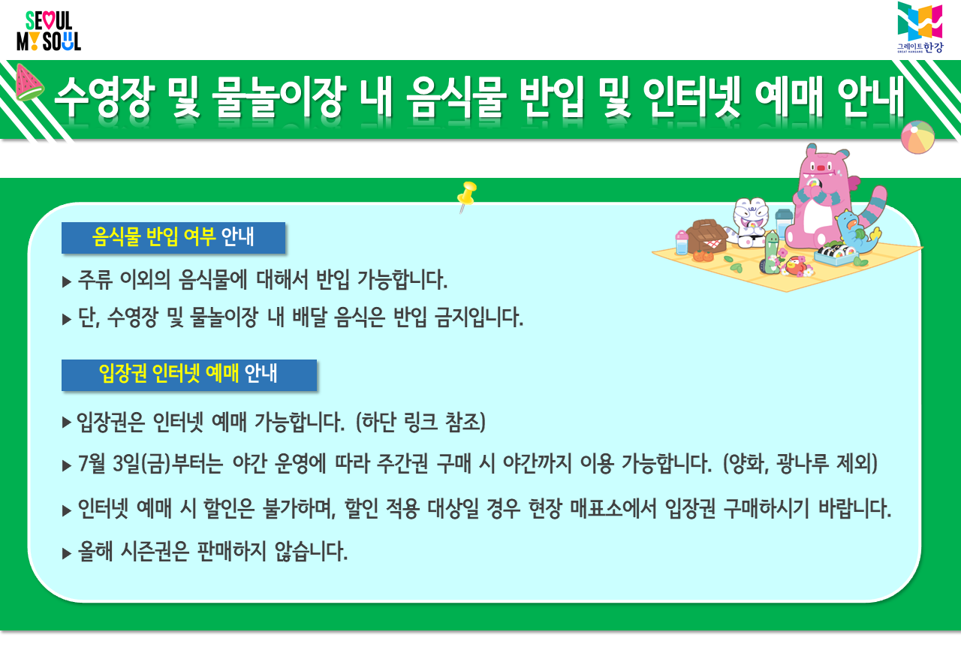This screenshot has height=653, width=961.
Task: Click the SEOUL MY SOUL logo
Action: click(x=49, y=31)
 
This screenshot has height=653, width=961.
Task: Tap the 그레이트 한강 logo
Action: click(x=920, y=26)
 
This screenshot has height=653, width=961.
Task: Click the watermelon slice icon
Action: click(x=29, y=83)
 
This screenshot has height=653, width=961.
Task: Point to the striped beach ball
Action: click(x=917, y=137)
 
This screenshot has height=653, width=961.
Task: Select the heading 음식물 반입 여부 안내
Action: click(x=173, y=237)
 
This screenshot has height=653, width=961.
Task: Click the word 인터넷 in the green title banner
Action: click(x=691, y=98)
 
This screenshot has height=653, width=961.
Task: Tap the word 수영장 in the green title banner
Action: click(x=104, y=98)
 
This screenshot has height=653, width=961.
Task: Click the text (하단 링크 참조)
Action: click(x=420, y=422)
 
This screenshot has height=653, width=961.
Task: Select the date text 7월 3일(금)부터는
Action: click(x=150, y=464)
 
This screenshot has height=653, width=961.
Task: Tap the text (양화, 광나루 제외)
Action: click(x=800, y=464)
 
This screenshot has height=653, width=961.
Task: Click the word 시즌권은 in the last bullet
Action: click(x=155, y=552)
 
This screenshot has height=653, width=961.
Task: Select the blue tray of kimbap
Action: click(x=836, y=255)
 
